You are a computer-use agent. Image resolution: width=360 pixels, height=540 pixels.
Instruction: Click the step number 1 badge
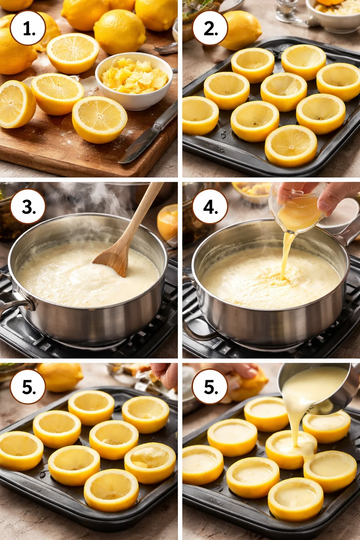point(28,28)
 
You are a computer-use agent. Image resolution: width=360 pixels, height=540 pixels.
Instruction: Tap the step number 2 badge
point(210,28)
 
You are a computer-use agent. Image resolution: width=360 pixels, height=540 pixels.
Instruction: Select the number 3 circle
point(28,207)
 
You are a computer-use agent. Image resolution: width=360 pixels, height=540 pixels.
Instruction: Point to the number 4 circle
point(210,207)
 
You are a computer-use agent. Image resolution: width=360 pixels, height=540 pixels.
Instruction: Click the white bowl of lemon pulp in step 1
point(134,81)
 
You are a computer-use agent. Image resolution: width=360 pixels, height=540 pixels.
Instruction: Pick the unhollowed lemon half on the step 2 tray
point(291,146)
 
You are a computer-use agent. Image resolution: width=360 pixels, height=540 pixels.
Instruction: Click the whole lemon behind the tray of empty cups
point(60,377)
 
